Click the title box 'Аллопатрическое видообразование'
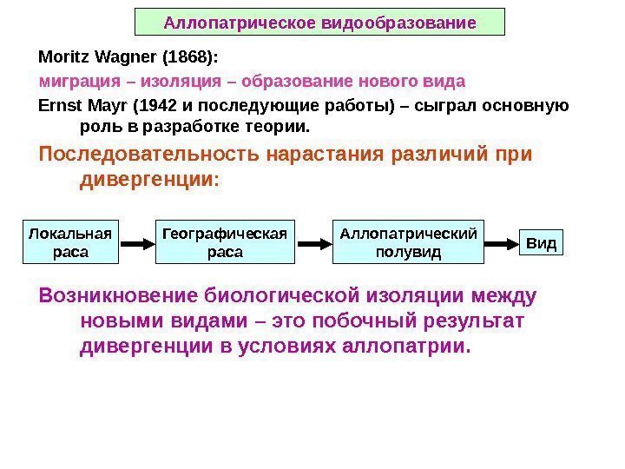point(320,22)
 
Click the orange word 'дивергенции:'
point(149,181)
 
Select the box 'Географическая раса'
point(225,242)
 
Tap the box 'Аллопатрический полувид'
point(408,242)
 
